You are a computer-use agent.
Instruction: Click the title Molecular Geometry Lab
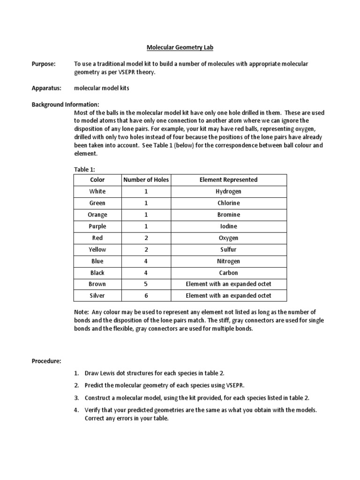tap(180, 47)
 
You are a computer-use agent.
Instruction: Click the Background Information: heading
tap(65, 105)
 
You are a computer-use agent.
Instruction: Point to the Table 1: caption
tap(85, 169)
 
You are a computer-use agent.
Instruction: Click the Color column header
tap(97, 180)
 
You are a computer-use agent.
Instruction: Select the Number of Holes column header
tap(146, 180)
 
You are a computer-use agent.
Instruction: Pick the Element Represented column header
tap(228, 180)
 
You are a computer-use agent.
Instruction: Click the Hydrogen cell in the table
tap(228, 192)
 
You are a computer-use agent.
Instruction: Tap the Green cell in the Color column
tap(97, 203)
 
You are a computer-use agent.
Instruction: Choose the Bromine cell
tap(228, 215)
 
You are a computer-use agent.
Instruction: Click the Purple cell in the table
tap(97, 226)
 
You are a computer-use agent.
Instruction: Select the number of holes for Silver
tap(146, 296)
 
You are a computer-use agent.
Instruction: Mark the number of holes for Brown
tap(146, 284)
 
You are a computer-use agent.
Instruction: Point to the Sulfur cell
tap(228, 250)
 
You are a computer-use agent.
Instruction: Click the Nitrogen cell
tap(228, 261)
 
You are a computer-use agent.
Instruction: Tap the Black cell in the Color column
tap(97, 273)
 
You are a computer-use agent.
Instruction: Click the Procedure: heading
tap(46, 361)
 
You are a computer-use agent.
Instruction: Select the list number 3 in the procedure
tap(76, 398)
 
